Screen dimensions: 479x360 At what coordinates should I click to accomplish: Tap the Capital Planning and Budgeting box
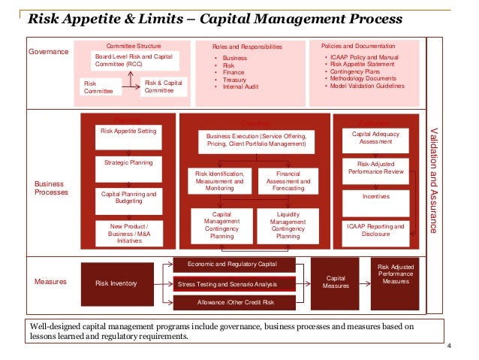click(x=128, y=198)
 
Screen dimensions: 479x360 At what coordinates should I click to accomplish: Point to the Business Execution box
click(x=257, y=141)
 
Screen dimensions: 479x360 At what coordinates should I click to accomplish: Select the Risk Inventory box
click(x=116, y=283)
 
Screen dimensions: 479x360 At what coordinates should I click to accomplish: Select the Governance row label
click(x=48, y=52)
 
